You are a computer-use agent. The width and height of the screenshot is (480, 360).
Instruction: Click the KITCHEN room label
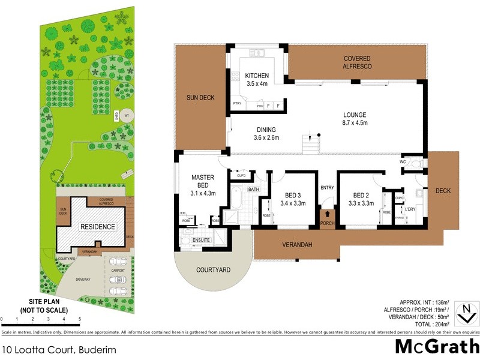257,76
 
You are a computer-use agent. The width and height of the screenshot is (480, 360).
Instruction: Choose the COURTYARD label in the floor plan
213,270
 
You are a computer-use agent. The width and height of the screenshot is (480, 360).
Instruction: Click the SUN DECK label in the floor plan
200,98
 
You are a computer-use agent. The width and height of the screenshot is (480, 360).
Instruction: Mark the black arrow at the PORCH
327,212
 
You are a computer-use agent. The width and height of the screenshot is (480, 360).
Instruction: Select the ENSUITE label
201,240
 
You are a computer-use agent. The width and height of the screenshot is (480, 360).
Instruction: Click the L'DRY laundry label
410,209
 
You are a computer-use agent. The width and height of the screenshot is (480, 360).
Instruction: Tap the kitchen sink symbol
257,53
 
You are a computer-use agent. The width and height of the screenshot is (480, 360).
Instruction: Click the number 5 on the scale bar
80,320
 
